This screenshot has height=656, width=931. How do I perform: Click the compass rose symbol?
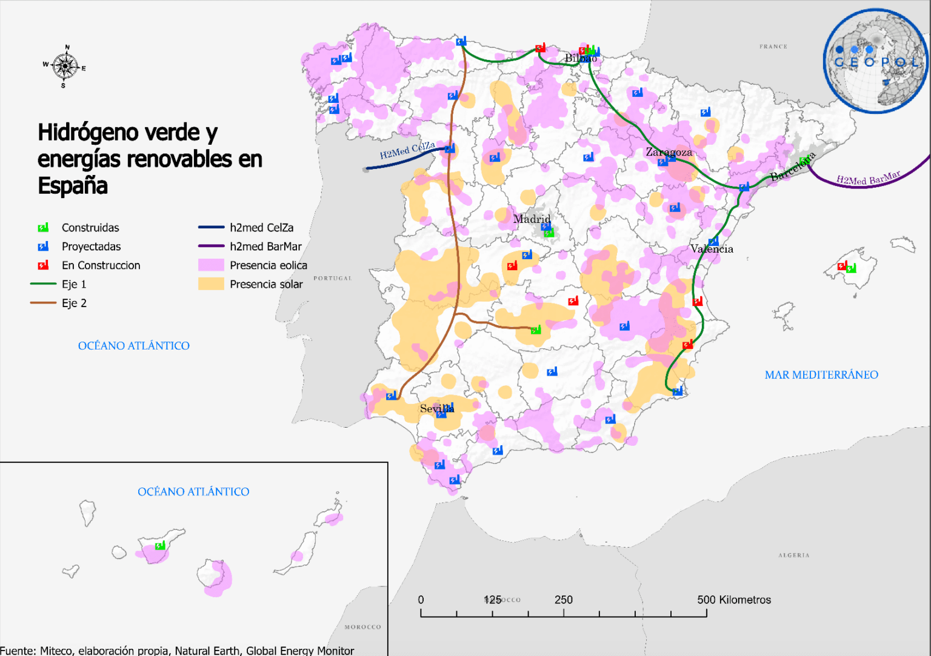point(64,66)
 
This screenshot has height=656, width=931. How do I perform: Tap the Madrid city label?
point(532,219)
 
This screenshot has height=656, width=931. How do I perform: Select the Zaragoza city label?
point(669,152)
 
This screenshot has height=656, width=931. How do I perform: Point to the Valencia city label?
point(712,249)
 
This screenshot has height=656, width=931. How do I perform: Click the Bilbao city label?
point(581,58)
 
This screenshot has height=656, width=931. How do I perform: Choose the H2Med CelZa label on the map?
point(407,150)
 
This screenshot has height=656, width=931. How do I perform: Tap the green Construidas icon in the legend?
point(43,228)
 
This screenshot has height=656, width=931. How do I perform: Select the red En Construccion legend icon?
point(43,265)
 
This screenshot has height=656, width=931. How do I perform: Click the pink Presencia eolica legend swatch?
point(211,265)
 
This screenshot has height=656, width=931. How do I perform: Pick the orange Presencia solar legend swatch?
point(211,284)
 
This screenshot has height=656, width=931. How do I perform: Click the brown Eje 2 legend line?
point(43,303)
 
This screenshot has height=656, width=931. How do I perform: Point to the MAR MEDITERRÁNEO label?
point(821,375)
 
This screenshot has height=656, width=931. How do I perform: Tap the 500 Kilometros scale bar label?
point(733,600)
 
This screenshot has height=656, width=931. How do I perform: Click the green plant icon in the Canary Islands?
point(160,546)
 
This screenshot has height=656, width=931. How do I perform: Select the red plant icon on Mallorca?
point(841,266)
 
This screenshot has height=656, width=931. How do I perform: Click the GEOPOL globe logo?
point(876,61)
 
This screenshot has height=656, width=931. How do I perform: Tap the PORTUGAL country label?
point(332,279)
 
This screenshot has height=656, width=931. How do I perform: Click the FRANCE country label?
point(773,47)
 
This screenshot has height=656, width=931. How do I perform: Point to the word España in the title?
point(73,185)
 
